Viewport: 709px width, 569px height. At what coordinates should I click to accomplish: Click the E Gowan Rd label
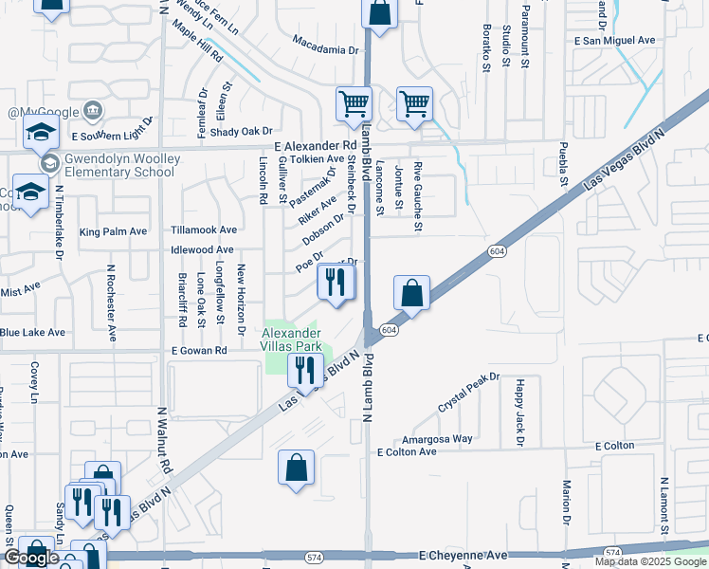(200, 351)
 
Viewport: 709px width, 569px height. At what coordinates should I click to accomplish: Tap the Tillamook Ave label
(204, 229)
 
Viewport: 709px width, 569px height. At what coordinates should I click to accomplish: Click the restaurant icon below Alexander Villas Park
(305, 368)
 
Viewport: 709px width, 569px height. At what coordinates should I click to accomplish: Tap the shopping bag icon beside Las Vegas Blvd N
(412, 292)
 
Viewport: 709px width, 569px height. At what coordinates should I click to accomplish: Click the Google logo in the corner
(30, 558)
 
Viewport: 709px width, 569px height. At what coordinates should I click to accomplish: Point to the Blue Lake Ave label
(32, 333)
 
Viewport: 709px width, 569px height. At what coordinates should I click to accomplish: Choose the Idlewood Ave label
(202, 249)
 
